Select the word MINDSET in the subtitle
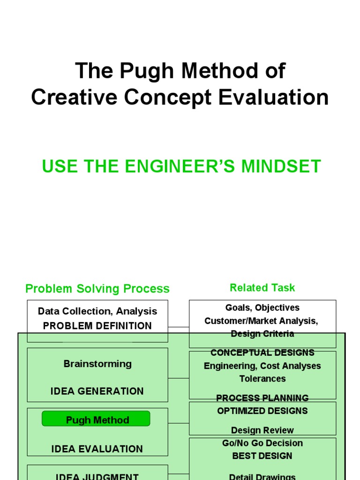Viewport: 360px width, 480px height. coord(283,166)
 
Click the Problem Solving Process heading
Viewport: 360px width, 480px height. coord(97,289)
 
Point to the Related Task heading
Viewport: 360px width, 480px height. coord(262,287)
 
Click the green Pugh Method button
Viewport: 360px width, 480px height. coord(96,420)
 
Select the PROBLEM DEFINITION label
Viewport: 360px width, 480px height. coord(97,326)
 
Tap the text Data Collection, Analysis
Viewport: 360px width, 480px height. coord(97,311)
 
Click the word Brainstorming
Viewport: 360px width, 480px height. coord(97,364)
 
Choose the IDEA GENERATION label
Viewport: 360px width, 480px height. coord(97,391)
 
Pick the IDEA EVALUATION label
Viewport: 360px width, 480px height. coord(97,449)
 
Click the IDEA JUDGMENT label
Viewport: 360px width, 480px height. coord(97,476)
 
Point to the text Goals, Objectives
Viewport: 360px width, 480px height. coord(262,307)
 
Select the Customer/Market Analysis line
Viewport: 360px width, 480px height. coord(262,321)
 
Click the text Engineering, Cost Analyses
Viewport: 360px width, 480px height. coord(262,366)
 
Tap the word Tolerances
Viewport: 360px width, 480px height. coord(262,378)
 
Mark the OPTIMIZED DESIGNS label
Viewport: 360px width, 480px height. coord(262,411)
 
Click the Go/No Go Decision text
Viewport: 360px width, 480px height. coord(262,443)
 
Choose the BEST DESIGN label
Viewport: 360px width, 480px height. coord(262,456)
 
